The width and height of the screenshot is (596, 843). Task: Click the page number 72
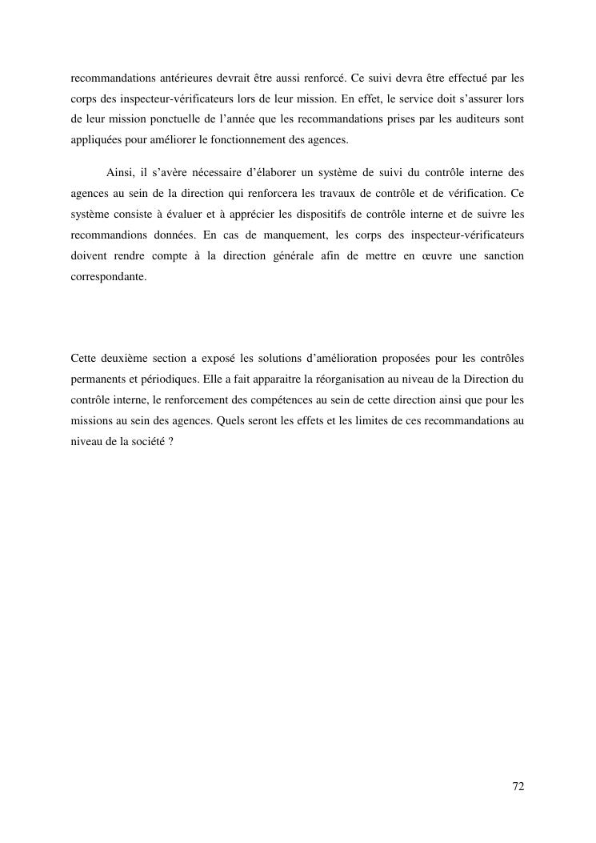tap(518, 786)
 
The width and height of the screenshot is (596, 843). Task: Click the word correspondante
tap(108, 276)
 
